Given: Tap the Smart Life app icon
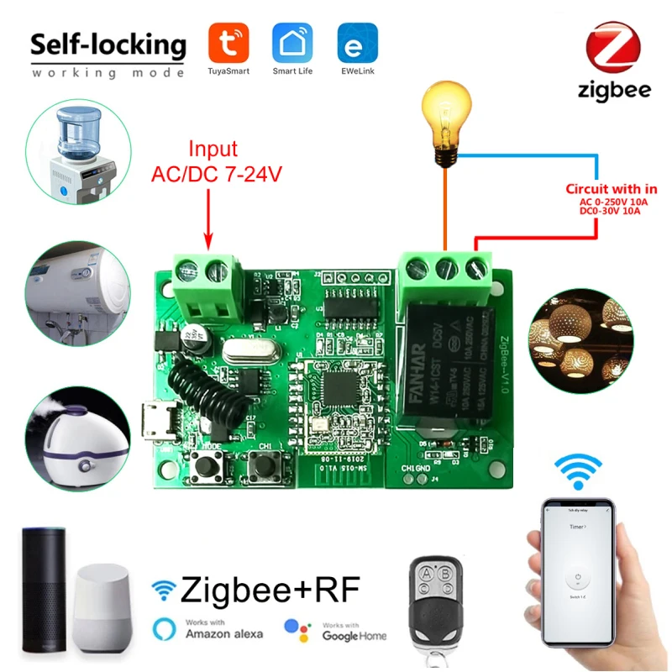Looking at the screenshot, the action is [x=292, y=41].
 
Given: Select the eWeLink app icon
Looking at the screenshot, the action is [x=357, y=41].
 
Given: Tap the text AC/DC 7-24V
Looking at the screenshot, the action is [x=215, y=175].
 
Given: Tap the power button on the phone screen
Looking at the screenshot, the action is [x=576, y=578].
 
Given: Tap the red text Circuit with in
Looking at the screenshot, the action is [x=611, y=189].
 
